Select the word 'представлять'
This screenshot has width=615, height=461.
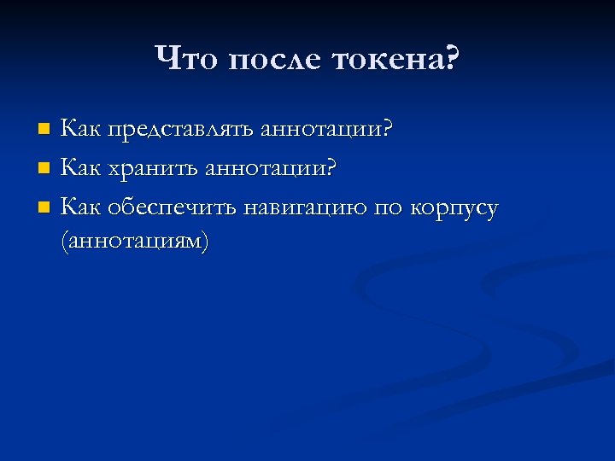pyautogui.click(x=179, y=130)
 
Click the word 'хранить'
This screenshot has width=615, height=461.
pyautogui.click(x=149, y=168)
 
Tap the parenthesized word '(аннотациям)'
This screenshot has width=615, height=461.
pyautogui.click(x=134, y=242)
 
